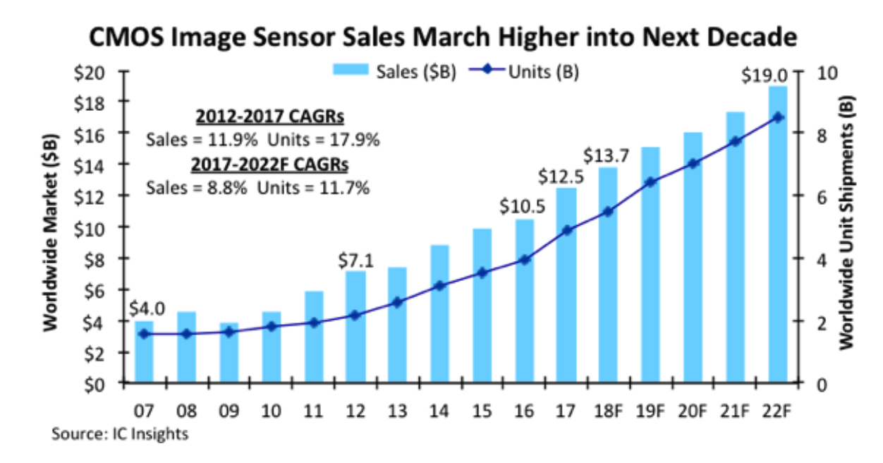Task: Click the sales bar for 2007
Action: tap(145, 353)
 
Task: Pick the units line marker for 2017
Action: tap(567, 230)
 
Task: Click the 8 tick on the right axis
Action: tap(812, 133)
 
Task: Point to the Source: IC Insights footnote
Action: tap(120, 433)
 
